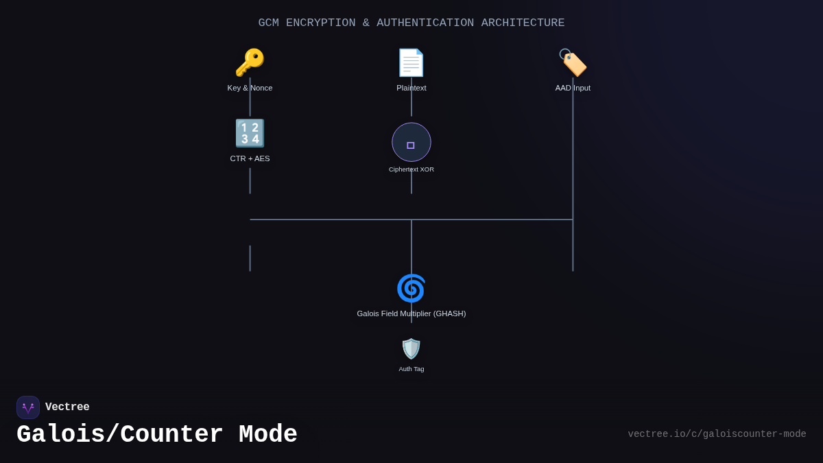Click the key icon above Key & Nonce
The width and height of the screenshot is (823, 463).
(250, 63)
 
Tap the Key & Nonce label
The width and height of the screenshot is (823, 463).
(250, 88)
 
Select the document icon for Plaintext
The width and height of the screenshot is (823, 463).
(411, 63)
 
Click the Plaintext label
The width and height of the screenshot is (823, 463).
(411, 88)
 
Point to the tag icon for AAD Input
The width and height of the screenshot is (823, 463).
(573, 63)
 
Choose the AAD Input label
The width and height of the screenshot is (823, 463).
(573, 88)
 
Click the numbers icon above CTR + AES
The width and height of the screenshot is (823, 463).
(250, 133)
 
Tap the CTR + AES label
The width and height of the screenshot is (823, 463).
(250, 158)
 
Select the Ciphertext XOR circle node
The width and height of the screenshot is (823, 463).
(411, 142)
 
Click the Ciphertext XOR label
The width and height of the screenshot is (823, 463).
(411, 169)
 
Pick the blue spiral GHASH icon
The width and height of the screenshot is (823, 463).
(411, 288)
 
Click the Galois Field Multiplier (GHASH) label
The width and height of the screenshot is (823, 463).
(411, 313)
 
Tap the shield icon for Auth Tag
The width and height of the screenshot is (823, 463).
(411, 348)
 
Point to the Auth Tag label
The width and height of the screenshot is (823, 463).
(411, 369)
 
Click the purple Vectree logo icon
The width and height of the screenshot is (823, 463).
(28, 407)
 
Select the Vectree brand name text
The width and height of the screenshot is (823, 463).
(67, 407)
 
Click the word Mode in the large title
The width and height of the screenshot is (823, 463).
(268, 435)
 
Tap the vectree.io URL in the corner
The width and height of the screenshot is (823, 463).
(717, 434)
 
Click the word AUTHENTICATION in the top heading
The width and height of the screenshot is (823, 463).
(425, 23)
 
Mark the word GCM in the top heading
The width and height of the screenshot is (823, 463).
(268, 23)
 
